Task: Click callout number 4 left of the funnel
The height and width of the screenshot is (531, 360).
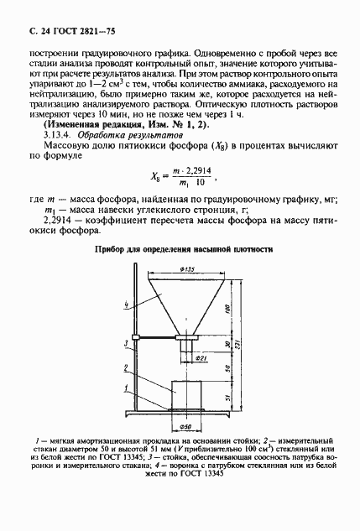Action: tap(125, 303)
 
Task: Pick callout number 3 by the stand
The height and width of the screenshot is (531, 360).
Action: tap(125, 342)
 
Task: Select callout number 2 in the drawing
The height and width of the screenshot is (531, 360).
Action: tap(125, 367)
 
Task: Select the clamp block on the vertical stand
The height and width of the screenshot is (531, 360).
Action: tap(139, 338)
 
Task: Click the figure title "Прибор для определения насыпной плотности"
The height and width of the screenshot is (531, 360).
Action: tap(180, 249)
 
